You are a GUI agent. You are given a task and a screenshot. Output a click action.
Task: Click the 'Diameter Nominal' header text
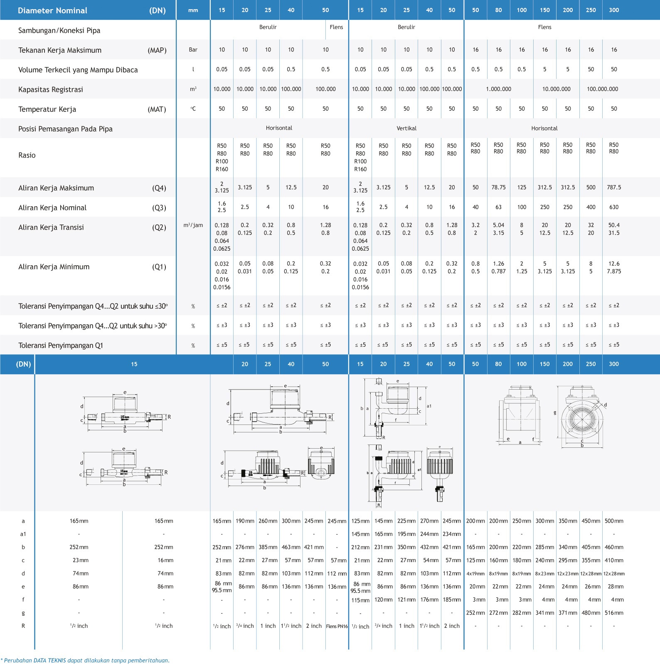coord(52,10)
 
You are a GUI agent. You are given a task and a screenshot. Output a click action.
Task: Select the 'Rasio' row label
coord(27,155)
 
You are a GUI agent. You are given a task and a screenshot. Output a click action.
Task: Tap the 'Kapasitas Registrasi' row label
coord(51,89)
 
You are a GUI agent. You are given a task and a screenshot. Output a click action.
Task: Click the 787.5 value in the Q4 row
coord(614,188)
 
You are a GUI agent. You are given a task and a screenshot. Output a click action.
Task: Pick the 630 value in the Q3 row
coord(614,207)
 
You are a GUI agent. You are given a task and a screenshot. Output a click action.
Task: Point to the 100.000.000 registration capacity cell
coord(602,89)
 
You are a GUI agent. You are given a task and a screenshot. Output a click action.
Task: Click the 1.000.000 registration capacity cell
coord(498,89)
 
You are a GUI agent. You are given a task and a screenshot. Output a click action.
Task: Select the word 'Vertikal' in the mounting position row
coord(406,128)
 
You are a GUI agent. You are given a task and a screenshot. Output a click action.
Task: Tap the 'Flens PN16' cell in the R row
coord(337,626)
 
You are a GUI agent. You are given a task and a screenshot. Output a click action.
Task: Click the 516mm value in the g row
coord(614,613)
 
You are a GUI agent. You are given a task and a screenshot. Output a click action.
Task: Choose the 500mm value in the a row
coord(614,521)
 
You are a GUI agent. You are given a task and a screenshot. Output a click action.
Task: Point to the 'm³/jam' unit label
coord(193,225)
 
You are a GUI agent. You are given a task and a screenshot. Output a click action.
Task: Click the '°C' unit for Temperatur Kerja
coord(193,109)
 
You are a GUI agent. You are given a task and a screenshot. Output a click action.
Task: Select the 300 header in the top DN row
coord(614,10)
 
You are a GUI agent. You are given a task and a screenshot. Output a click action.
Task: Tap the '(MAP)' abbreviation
coord(157,50)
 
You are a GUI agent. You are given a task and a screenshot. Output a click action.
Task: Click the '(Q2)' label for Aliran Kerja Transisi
coord(159,227)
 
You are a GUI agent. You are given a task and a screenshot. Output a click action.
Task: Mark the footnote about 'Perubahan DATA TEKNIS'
coord(85,660)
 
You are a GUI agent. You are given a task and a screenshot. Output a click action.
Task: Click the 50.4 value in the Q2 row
coord(614,225)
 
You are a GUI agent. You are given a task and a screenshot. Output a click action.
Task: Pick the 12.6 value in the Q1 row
coord(614,264)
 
